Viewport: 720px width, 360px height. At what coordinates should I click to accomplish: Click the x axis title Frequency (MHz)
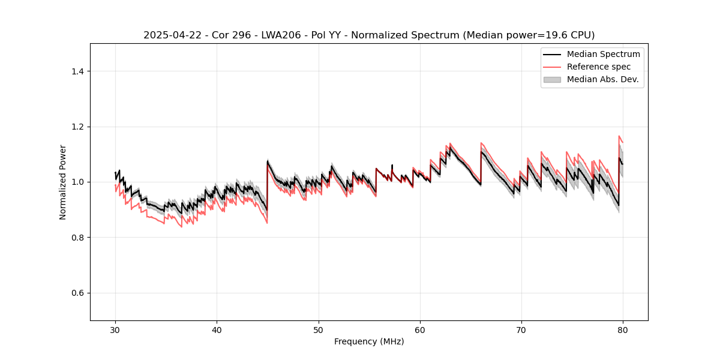(369, 342)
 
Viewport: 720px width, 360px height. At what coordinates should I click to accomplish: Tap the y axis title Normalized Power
(63, 182)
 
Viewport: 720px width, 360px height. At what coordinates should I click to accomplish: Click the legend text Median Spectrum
(603, 54)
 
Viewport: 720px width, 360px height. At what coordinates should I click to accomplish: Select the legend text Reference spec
(599, 67)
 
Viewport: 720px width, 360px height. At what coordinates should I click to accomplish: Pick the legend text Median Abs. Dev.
(602, 79)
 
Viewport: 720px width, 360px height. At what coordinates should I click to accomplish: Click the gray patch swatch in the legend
(552, 79)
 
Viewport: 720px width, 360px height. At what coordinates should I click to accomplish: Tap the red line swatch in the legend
(552, 67)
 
